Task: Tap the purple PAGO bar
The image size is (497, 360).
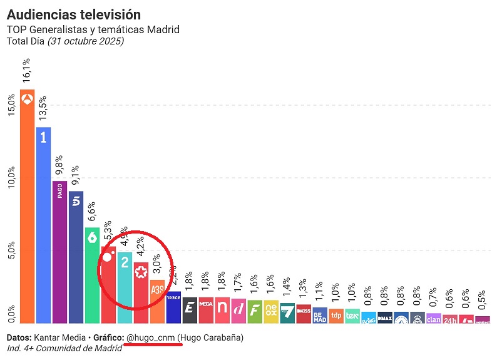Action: (59, 250)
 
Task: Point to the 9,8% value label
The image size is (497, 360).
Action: (59, 163)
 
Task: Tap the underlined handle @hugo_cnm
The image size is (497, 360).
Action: (150, 337)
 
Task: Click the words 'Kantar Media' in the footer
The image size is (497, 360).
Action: (60, 337)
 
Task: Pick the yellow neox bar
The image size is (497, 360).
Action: (271, 310)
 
